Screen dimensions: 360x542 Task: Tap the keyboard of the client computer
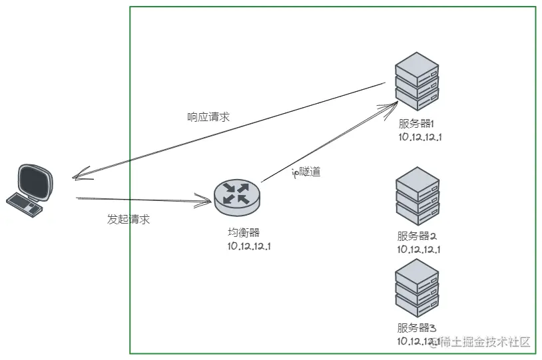[x=24, y=202]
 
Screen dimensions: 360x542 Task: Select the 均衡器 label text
[x=243, y=232]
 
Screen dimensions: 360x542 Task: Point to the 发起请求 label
[x=129, y=220]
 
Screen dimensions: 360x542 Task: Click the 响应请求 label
[x=208, y=116]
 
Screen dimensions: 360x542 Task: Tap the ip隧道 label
[x=306, y=172]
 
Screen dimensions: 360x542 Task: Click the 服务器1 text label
[x=416, y=124]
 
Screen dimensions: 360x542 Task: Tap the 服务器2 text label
[x=416, y=236]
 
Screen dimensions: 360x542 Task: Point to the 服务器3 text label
[x=416, y=327]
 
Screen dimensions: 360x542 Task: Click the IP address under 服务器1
[x=420, y=137]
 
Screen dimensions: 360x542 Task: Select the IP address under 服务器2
[x=420, y=250]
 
